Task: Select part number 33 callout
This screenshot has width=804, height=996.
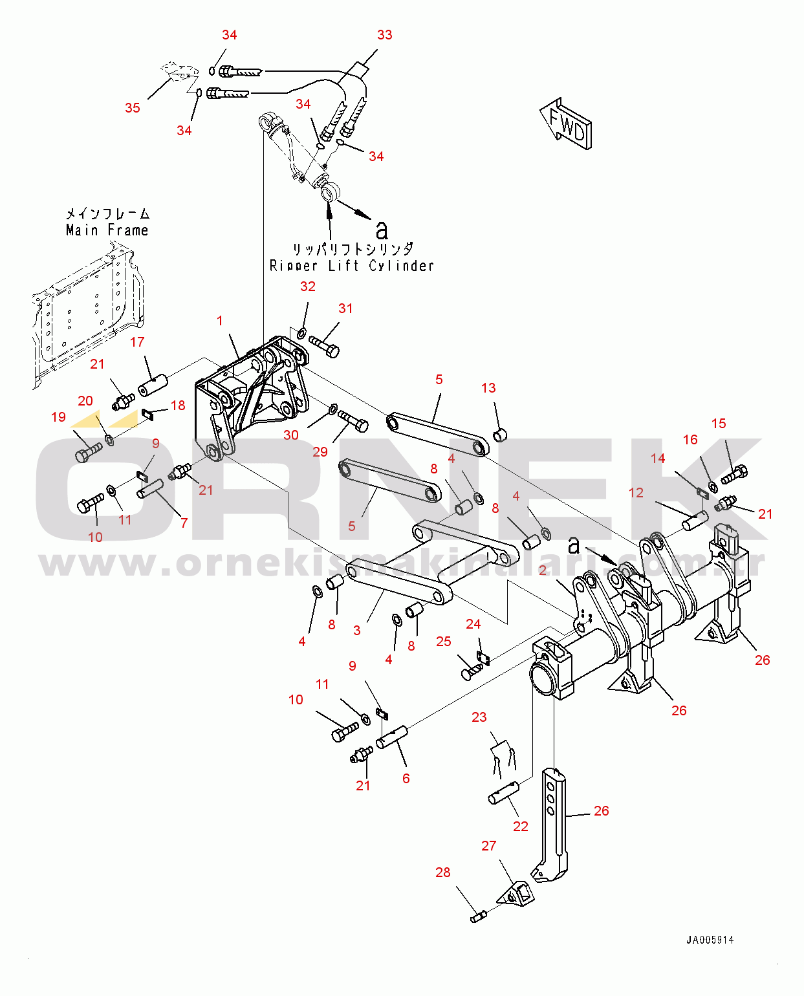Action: pos(384,35)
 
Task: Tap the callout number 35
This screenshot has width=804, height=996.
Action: pos(133,108)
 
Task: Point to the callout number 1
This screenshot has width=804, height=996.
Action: pos(220,321)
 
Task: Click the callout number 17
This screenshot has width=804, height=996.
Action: pos(137,342)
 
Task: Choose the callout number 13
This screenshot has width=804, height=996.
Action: pos(488,388)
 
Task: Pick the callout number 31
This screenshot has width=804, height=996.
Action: pos(346,309)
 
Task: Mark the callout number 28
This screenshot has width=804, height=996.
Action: pos(443,872)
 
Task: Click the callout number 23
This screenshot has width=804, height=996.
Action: pos(479,717)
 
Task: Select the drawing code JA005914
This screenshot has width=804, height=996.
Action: pos(710,940)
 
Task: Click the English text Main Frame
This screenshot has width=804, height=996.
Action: pos(107,230)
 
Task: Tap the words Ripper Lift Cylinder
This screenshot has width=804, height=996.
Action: pos(351,266)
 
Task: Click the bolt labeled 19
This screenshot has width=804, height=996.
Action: pos(89,451)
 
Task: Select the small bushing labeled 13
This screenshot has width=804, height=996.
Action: pos(500,435)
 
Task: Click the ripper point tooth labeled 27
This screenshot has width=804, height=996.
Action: pos(516,893)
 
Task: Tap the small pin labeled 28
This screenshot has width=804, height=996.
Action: pos(479,916)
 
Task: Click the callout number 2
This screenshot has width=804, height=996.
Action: pos(543,570)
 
